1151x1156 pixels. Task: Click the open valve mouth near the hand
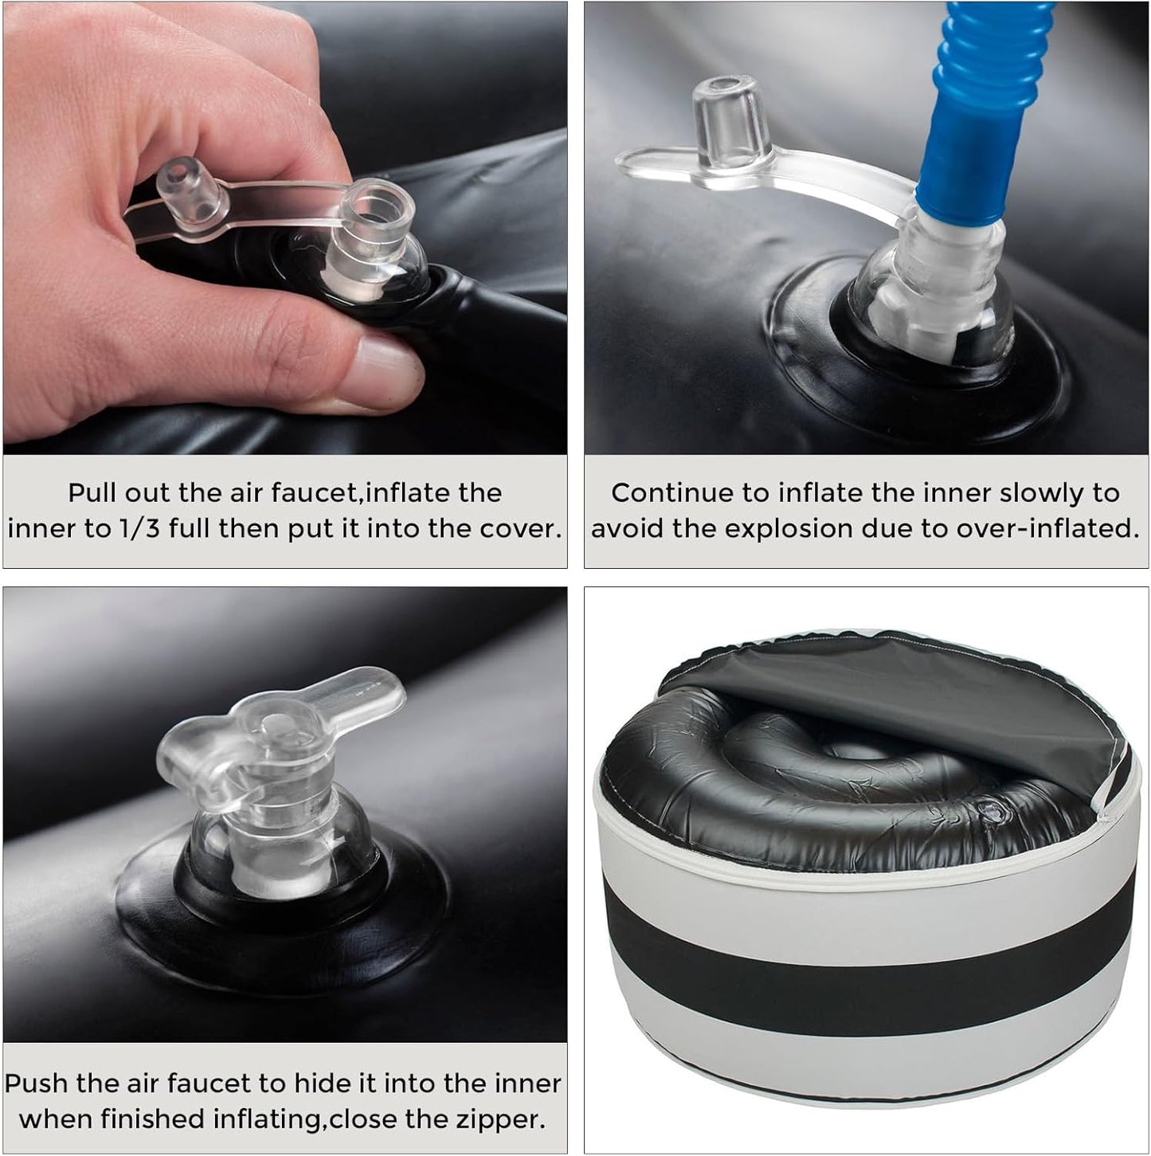point(375,211)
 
